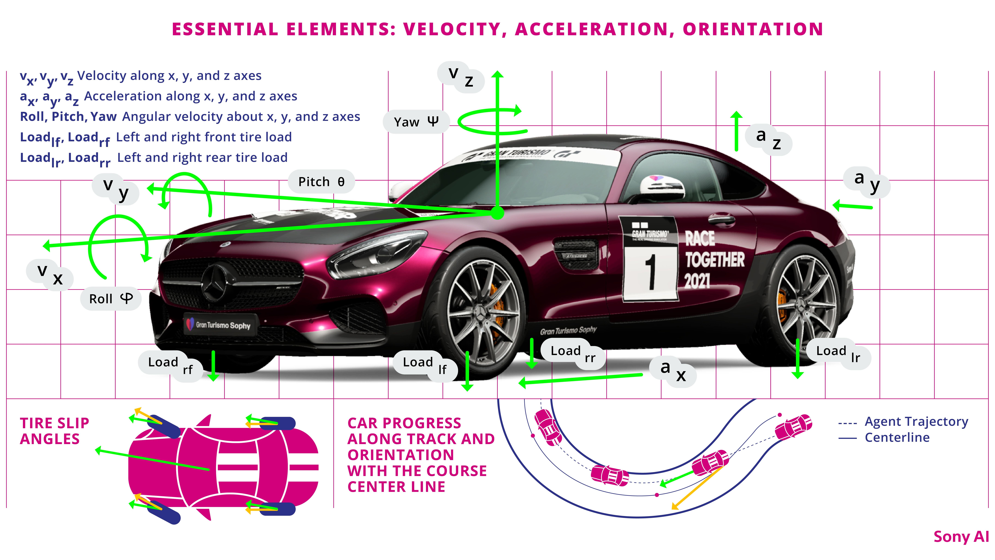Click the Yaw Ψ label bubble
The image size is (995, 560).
click(416, 122)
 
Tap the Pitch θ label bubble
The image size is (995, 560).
click(321, 182)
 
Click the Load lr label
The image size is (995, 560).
click(838, 354)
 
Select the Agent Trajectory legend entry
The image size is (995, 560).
click(904, 422)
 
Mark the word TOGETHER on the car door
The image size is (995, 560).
click(715, 260)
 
